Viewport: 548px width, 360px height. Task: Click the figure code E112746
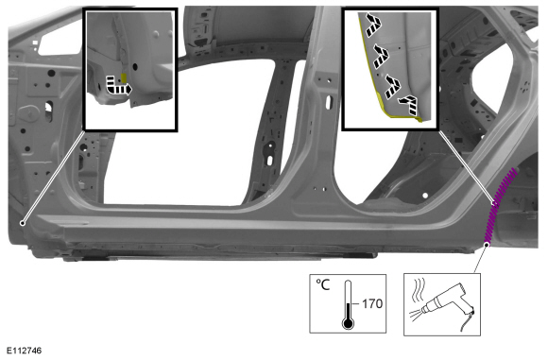click(25, 351)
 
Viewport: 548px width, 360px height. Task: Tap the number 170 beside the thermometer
click(372, 303)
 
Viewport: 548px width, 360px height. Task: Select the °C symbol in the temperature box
click(322, 284)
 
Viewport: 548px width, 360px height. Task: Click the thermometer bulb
click(348, 323)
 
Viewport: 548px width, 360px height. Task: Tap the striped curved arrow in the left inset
click(118, 86)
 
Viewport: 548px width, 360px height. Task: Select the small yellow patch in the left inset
click(124, 77)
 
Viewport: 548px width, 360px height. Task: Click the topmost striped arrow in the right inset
click(373, 25)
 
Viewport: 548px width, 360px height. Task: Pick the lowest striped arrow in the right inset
click(409, 105)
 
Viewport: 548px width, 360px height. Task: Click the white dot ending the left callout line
click(23, 223)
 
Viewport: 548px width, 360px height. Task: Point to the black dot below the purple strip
click(487, 245)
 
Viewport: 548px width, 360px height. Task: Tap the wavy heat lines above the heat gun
click(420, 290)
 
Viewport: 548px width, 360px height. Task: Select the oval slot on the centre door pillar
click(329, 102)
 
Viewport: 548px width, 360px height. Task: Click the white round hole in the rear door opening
click(425, 196)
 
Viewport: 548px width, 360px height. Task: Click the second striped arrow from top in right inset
click(381, 56)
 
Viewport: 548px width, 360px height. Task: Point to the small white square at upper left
click(35, 43)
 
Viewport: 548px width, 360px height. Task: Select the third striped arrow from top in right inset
click(392, 86)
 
